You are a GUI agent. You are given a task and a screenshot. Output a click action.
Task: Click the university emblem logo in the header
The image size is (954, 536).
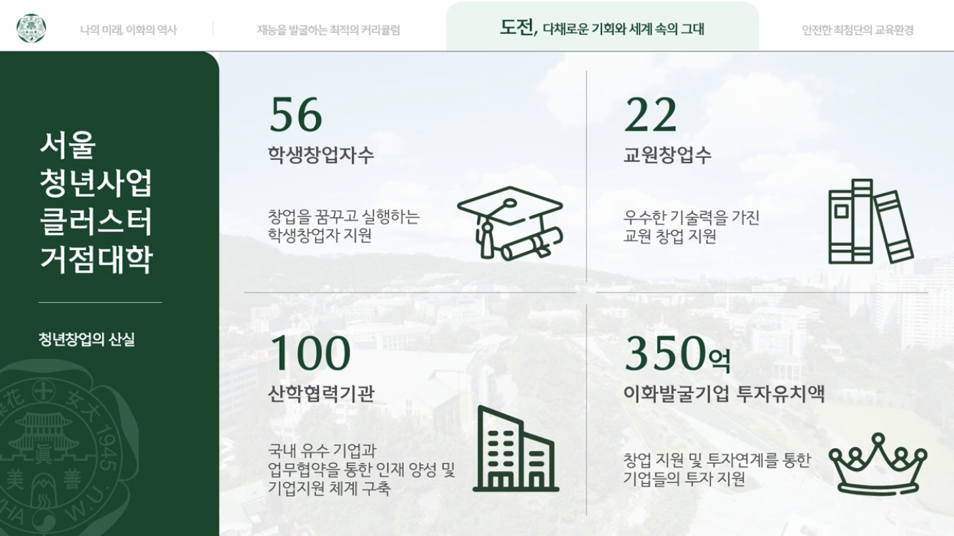click(31, 29)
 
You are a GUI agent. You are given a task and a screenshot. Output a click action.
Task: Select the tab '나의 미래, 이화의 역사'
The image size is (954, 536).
click(128, 30)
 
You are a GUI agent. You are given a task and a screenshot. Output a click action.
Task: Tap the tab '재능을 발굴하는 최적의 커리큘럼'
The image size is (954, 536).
click(328, 30)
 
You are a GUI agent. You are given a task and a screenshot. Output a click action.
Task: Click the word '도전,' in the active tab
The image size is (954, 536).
click(518, 28)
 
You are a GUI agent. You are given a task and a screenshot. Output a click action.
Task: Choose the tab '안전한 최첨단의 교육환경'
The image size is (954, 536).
click(857, 30)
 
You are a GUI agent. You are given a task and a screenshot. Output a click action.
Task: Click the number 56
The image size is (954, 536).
click(296, 114)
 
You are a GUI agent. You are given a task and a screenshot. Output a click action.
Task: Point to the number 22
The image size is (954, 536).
click(650, 114)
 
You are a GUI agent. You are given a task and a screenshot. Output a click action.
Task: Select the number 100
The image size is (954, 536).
click(310, 352)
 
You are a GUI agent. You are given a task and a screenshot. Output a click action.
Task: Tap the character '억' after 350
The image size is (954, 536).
click(719, 361)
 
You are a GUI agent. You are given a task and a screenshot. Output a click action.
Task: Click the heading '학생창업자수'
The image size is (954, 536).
click(320, 154)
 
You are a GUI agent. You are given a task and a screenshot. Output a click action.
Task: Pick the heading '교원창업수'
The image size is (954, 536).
click(667, 154)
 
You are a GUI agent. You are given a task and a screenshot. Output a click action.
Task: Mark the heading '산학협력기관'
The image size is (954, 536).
click(321, 393)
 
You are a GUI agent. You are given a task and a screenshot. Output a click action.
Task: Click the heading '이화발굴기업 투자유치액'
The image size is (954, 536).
click(724, 393)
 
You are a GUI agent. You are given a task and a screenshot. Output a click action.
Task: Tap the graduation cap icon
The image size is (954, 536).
click(510, 223)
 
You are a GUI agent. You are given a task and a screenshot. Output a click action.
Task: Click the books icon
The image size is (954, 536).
click(871, 222)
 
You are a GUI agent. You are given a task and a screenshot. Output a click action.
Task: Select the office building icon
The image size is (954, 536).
click(516, 449)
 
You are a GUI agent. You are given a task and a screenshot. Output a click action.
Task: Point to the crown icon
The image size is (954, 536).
click(877, 464)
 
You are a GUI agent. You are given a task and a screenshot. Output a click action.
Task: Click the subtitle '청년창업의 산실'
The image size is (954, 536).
click(87, 339)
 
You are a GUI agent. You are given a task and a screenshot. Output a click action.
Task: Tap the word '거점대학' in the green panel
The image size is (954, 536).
click(97, 259)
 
